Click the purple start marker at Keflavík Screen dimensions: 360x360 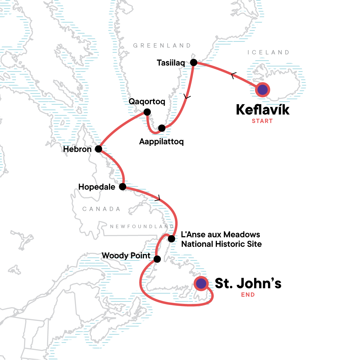coord(262,90)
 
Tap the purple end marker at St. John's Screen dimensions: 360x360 coord(201,283)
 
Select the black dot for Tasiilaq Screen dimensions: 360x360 coord(194,63)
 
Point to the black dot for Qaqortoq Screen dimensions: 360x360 coord(147,112)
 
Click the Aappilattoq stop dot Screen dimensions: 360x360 coord(162,128)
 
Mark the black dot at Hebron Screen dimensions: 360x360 coord(98,149)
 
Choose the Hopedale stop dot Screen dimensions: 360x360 coord(123,187)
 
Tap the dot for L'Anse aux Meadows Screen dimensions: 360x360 coord(171,239)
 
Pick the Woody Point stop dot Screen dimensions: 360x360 coord(157,259)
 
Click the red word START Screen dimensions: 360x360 coord(262,121)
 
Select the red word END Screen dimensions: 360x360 coord(248,295)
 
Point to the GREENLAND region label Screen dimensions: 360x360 coord(162,46)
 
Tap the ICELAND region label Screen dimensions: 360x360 coord(268,52)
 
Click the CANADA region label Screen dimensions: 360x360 coord(101,209)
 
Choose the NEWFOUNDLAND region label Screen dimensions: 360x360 coord(142,226)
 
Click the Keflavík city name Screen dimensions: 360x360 coord(263,110)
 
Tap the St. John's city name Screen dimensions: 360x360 coord(248,283)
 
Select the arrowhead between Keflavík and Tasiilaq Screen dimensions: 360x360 coord(233,76)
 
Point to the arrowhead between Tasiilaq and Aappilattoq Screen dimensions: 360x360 coord(187,97)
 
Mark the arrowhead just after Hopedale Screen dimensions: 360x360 coord(158,198)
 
